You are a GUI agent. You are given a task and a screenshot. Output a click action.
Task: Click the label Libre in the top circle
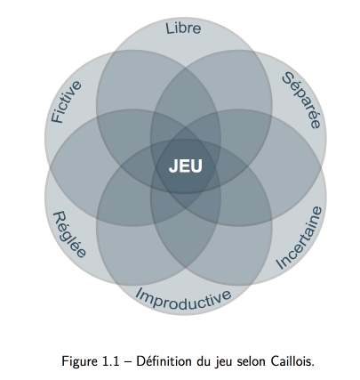click(x=183, y=28)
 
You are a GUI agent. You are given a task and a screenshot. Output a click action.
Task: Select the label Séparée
click(x=301, y=101)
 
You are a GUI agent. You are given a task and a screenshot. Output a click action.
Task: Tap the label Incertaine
click(x=299, y=238)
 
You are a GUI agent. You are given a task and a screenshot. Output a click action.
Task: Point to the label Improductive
click(x=183, y=299)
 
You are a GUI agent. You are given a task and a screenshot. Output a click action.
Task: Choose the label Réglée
click(x=69, y=234)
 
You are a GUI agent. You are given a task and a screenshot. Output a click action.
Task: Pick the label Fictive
click(x=66, y=101)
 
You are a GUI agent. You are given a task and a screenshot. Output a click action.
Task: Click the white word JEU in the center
click(x=186, y=166)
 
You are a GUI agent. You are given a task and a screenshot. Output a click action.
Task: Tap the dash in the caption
click(x=128, y=362)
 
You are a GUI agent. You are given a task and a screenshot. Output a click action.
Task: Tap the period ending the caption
click(x=312, y=366)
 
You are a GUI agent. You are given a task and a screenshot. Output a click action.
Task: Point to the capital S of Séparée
click(x=288, y=78)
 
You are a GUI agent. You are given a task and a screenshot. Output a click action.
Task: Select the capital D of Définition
click(x=141, y=361)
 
